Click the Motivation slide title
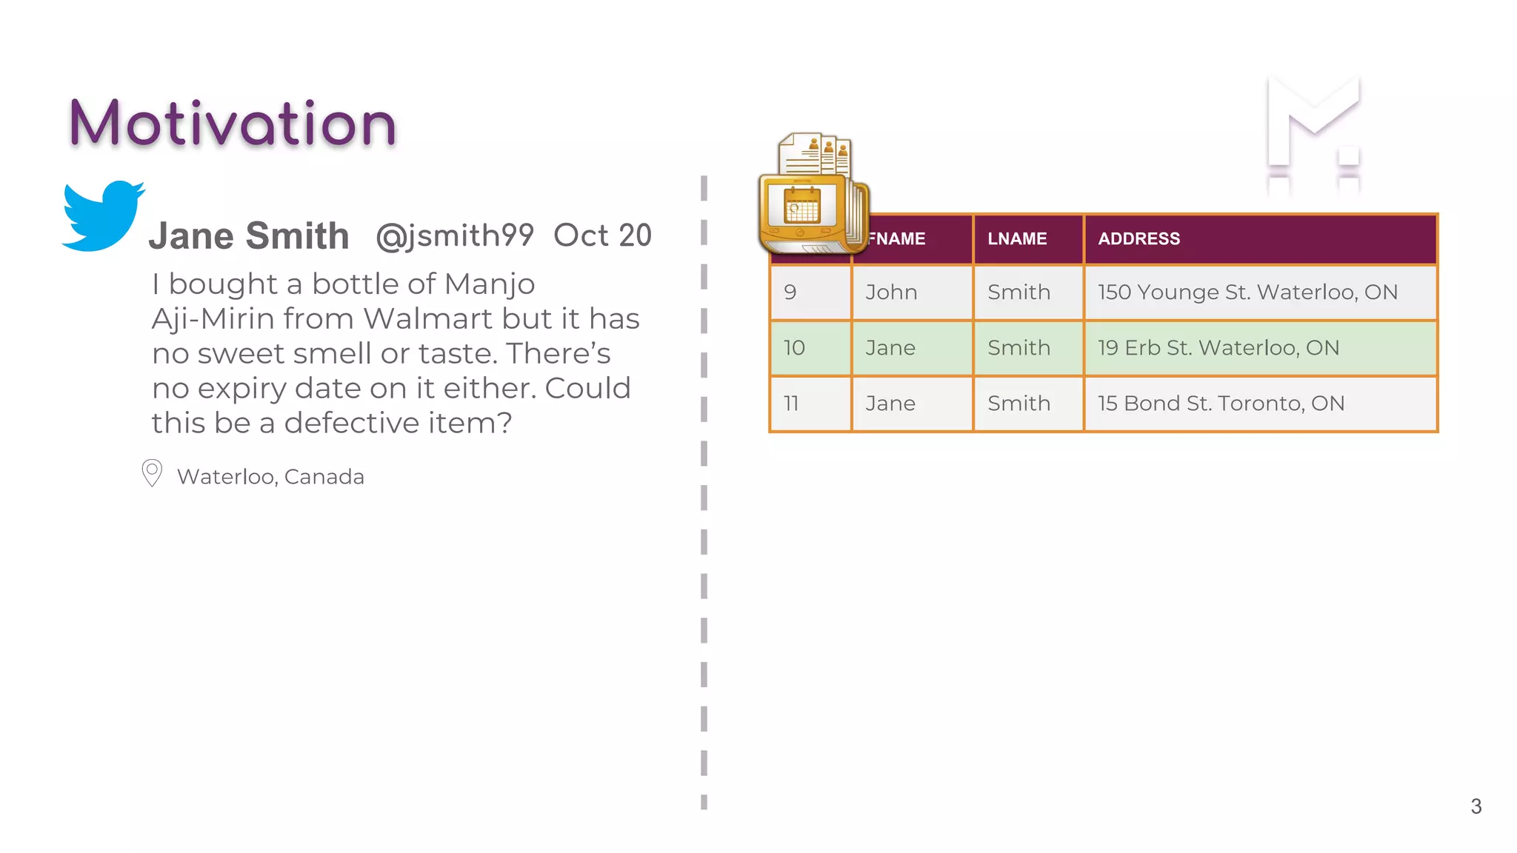point(233,124)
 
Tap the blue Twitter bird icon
point(101,215)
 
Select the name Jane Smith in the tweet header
point(249,236)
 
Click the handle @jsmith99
point(455,236)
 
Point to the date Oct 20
point(602,235)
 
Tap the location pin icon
point(152,472)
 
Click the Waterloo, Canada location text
point(270,477)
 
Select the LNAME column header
point(1017,239)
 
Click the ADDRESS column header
point(1138,239)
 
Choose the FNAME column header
point(898,239)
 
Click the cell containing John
point(891,292)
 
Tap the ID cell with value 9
point(790,292)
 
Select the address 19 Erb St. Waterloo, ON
point(1218,348)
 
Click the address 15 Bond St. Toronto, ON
point(1221,404)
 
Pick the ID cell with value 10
point(794,348)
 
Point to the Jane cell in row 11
point(890,404)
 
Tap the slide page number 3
point(1476,806)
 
